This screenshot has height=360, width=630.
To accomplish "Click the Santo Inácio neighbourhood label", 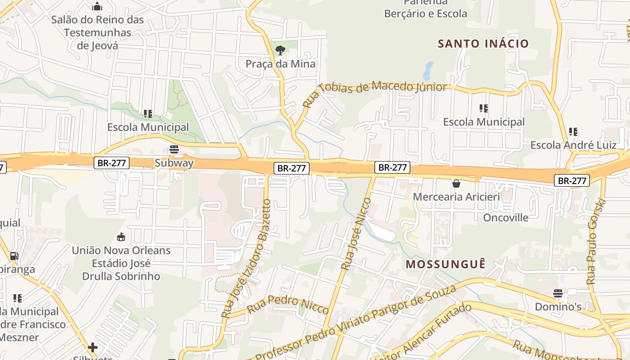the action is [483, 44].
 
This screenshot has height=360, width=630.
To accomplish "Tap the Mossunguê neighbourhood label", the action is [445, 264].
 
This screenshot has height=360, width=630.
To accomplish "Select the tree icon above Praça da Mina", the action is [280, 49].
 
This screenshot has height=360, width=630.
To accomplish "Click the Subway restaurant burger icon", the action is [174, 150].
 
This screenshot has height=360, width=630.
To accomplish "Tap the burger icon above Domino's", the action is [558, 293].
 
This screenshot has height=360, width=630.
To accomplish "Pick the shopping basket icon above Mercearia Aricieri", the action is [456, 184].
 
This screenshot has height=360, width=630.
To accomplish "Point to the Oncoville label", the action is [506, 218].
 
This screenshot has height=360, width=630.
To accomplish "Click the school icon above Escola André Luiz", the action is [573, 132].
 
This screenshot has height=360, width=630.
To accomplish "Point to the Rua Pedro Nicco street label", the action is [288, 304].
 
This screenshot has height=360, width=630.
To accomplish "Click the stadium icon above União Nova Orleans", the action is [121, 237].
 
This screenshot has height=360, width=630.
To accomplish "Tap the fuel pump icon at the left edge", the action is [14, 256].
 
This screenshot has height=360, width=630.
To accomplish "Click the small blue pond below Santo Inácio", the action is [428, 71].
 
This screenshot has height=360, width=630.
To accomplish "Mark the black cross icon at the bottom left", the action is [93, 347].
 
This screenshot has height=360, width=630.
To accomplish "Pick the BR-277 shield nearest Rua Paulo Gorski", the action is [571, 180].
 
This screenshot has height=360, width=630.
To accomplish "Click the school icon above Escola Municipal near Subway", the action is [148, 114].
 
